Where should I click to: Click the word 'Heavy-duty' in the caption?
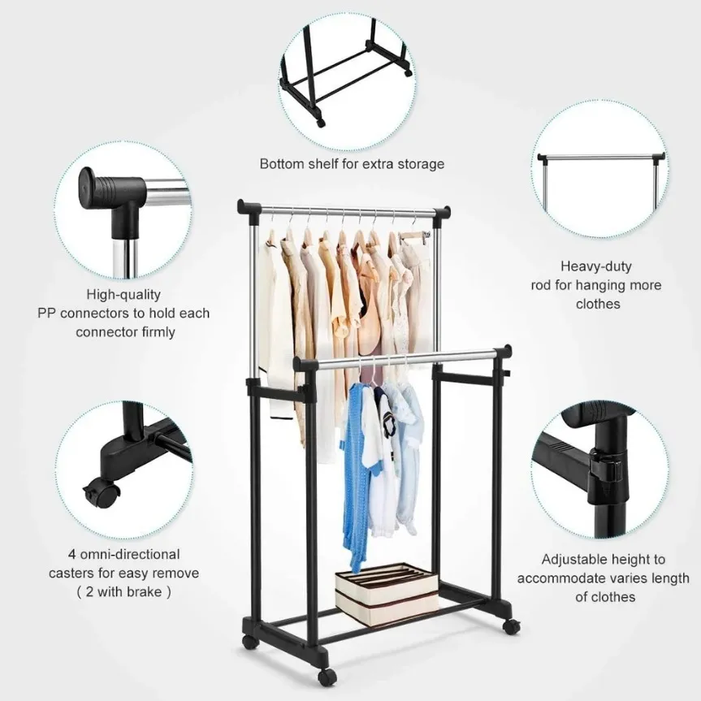(596, 266)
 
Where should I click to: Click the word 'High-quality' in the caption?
(123, 295)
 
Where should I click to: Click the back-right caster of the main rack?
(511, 626)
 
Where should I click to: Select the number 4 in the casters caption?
(72, 554)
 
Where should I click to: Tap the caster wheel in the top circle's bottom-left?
(320, 122)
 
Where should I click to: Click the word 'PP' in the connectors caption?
(47, 314)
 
